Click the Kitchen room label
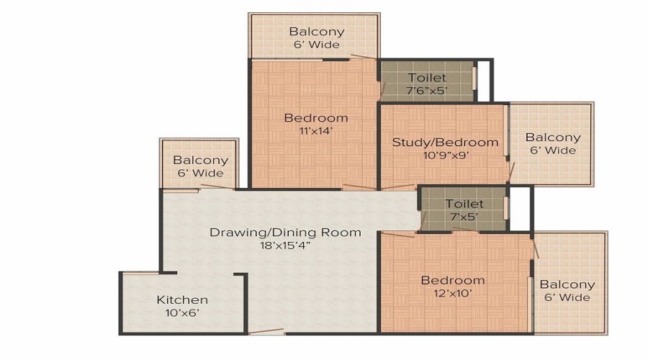(x=182, y=300)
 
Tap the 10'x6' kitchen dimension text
(x=182, y=313)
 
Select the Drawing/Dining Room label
(x=285, y=233)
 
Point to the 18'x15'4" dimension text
(x=285, y=246)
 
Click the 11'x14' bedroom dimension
(x=316, y=131)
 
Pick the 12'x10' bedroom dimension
(x=453, y=294)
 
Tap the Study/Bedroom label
(x=445, y=142)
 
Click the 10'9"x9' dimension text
(x=445, y=156)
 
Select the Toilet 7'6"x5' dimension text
(x=427, y=91)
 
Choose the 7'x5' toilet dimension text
(x=464, y=217)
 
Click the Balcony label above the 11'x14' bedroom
(x=317, y=32)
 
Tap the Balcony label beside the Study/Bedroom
(x=553, y=138)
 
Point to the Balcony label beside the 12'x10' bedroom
(x=567, y=284)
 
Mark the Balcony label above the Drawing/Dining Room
(x=200, y=160)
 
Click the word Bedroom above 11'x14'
(x=316, y=118)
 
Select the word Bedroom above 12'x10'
(x=453, y=280)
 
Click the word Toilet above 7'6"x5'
(x=427, y=78)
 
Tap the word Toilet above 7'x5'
(x=464, y=204)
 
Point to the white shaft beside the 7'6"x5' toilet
(x=484, y=81)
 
